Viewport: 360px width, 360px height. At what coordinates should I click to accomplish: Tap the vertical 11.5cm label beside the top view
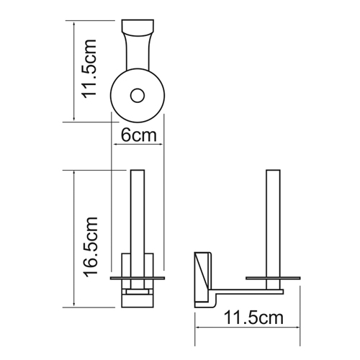point(89,71)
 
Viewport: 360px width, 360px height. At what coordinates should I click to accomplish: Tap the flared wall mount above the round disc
point(139,32)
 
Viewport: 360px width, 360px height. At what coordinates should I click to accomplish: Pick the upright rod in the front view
point(138,216)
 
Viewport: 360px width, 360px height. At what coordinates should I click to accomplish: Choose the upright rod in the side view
point(273,216)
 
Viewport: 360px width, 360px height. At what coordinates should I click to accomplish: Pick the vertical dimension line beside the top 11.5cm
point(75,71)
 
